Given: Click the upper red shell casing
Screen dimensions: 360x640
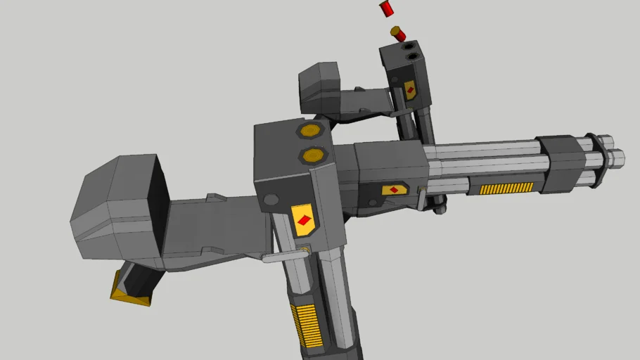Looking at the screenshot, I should pyautogui.click(x=386, y=8).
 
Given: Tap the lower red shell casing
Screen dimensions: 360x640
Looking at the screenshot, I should pyautogui.click(x=398, y=33).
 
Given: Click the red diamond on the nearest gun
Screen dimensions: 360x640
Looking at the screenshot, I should pyautogui.click(x=304, y=220).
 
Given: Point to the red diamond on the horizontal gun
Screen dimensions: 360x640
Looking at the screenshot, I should pyautogui.click(x=395, y=190).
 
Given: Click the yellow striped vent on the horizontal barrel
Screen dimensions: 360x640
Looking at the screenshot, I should pyautogui.click(x=506, y=188).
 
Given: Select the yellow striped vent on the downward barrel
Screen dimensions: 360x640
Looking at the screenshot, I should pyautogui.click(x=307, y=324).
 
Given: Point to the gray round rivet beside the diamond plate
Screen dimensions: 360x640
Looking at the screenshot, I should pyautogui.click(x=270, y=200).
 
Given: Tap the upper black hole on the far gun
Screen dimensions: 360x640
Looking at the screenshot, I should pyautogui.click(x=409, y=46).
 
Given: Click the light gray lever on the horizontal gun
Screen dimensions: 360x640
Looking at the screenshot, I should pyautogui.click(x=421, y=199).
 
